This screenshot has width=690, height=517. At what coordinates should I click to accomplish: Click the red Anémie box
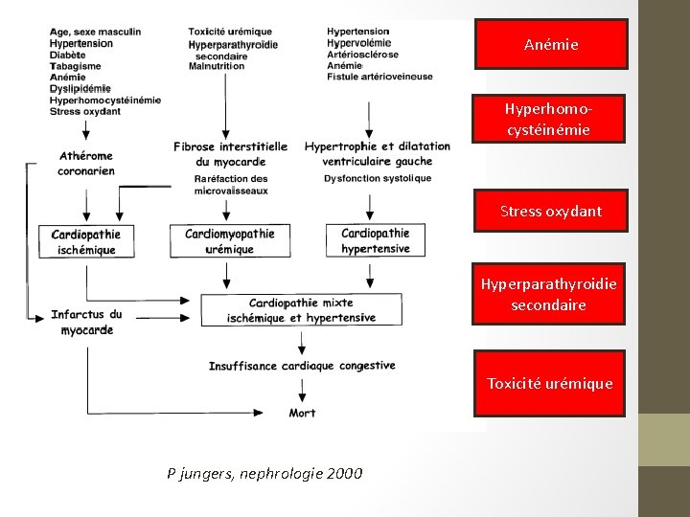[550, 45]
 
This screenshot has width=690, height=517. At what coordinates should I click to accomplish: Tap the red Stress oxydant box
[550, 211]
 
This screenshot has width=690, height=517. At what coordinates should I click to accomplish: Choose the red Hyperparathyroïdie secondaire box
[548, 294]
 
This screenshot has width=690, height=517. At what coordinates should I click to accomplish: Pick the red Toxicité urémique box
[549, 383]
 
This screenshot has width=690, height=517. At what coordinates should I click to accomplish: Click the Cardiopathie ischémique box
[86, 241]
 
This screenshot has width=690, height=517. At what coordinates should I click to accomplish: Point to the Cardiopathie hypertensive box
[376, 240]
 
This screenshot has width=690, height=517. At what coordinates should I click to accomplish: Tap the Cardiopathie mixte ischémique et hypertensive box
[301, 310]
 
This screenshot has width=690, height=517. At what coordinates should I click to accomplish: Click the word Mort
[303, 413]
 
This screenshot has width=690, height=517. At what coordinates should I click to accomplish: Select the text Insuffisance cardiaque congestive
[302, 366]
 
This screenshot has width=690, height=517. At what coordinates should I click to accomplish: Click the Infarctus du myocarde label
[86, 322]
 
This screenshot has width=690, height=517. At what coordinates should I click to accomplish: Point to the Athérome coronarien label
[86, 163]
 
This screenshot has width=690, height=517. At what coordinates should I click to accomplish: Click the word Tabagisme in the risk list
[77, 66]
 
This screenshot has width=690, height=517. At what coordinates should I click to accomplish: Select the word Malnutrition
[217, 66]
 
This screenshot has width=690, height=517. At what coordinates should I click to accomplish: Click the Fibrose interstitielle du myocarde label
[230, 153]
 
